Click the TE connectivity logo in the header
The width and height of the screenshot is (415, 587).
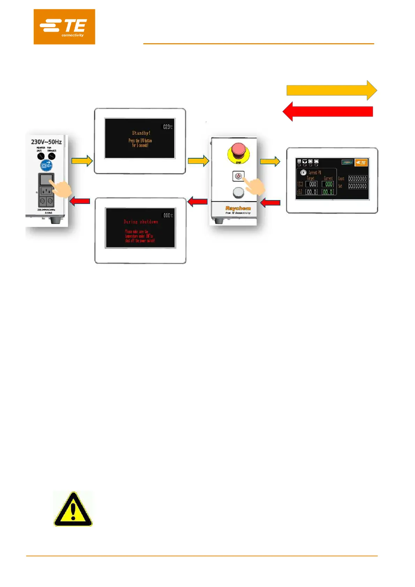64,27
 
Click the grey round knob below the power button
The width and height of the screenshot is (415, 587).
238,192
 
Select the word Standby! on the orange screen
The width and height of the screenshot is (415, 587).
141,133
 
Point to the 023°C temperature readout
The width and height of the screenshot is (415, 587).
168,127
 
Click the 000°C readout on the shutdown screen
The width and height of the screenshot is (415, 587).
168,215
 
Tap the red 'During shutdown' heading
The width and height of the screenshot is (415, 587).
141,222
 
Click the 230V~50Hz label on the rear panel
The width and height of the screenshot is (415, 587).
46,142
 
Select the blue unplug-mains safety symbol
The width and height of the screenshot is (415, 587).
46,165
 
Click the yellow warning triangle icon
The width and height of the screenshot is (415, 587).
73,509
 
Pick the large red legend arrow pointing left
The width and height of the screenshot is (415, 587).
327,112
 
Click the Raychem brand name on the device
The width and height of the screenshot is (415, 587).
238,208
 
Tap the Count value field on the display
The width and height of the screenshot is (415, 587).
357,179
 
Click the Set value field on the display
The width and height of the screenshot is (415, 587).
357,186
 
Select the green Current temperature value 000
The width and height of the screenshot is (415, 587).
328,184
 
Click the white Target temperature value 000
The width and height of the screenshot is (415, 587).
312,184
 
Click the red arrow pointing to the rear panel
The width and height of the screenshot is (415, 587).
80,201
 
